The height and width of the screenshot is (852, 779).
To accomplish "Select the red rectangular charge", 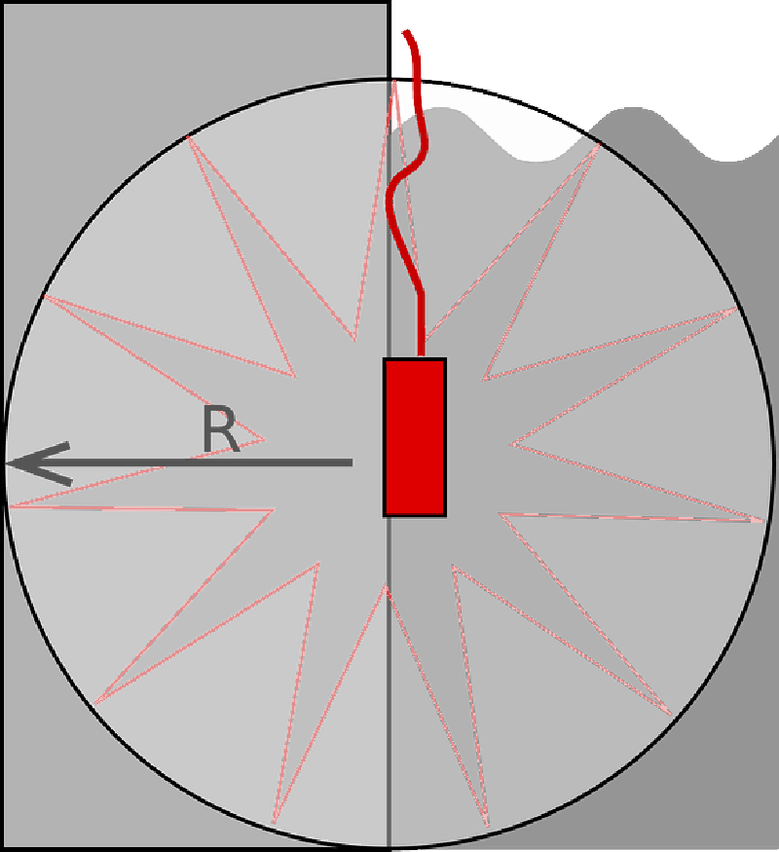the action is click(415, 437).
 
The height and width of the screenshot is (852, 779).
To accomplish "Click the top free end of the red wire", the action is click(405, 32).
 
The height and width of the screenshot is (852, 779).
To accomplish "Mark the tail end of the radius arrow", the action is click(352, 463).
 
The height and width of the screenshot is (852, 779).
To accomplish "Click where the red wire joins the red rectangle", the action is click(421, 357).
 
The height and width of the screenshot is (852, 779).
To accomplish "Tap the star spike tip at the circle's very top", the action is click(394, 81).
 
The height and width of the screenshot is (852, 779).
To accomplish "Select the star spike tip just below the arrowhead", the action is click(10, 506).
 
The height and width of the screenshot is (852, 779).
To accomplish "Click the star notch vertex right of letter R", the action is click(265, 439).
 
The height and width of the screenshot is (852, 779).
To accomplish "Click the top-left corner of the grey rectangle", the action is click(4, 4).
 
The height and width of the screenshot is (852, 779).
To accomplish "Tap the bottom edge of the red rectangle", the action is click(415, 515).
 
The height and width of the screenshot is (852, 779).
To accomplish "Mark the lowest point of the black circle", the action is click(389, 847).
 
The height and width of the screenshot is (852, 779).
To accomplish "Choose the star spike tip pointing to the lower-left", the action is click(96, 704).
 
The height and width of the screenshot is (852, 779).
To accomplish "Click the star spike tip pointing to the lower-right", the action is click(672, 715).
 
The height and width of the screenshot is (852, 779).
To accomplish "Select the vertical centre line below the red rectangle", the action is click(389, 682).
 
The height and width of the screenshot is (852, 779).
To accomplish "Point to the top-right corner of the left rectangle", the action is click(389, 4).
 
